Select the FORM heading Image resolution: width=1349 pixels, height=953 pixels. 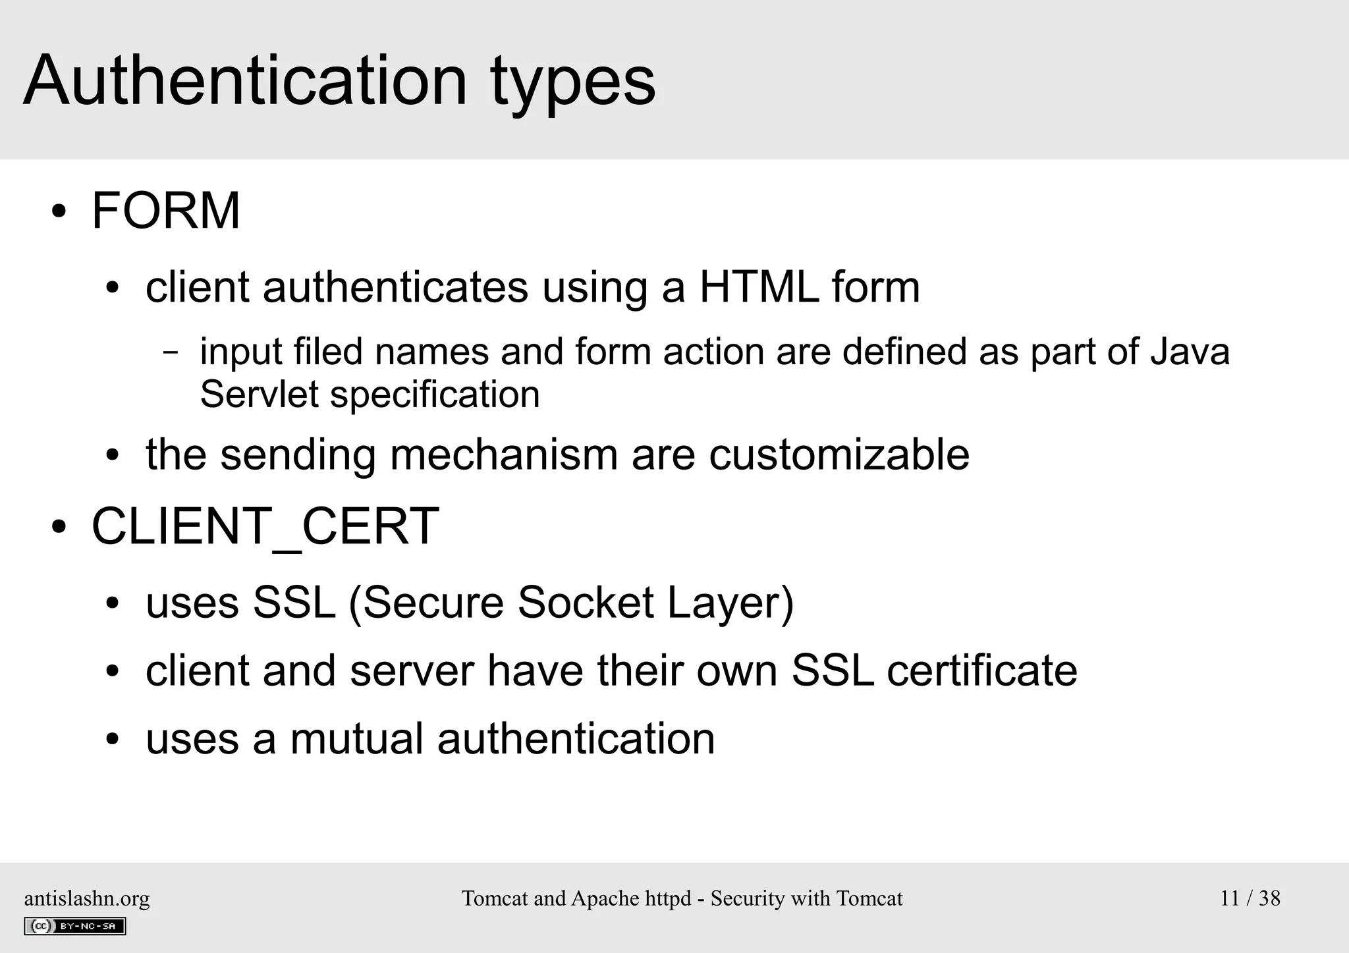pyautogui.click(x=166, y=211)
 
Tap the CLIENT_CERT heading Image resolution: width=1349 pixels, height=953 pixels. pyautogui.click(x=265, y=526)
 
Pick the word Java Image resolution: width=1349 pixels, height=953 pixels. pyautogui.click(x=1190, y=350)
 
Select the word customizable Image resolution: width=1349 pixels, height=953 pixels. pyautogui.click(x=839, y=454)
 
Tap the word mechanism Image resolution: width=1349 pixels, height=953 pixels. pyautogui.click(x=504, y=454)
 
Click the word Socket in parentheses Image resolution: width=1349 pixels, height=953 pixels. pyautogui.click(x=586, y=602)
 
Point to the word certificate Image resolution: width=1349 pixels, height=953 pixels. pyautogui.click(x=982, y=670)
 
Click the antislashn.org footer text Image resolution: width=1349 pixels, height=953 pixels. pyautogui.click(x=87, y=898)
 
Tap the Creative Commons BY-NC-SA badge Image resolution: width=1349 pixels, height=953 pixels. pyautogui.click(x=74, y=926)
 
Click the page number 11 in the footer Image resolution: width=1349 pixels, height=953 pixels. pyautogui.click(x=1230, y=898)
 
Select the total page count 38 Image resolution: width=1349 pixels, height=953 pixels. pyautogui.click(x=1269, y=898)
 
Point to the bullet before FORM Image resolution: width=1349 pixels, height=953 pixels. pyautogui.click(x=59, y=212)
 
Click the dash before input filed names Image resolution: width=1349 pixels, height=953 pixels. pyautogui.click(x=170, y=352)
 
